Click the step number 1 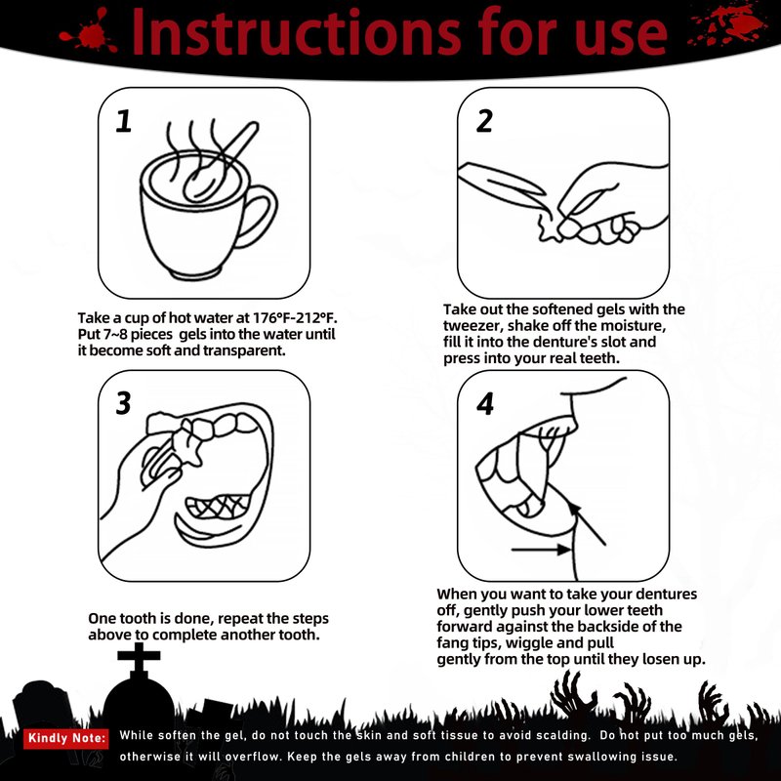[x=124, y=121]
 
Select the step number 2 [x=484, y=121]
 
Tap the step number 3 [x=123, y=403]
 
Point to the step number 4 [x=485, y=403]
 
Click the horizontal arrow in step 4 [x=542, y=550]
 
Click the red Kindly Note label [x=65, y=738]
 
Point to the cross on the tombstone [x=139, y=656]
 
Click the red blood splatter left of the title [x=90, y=32]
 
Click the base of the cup [x=195, y=273]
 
